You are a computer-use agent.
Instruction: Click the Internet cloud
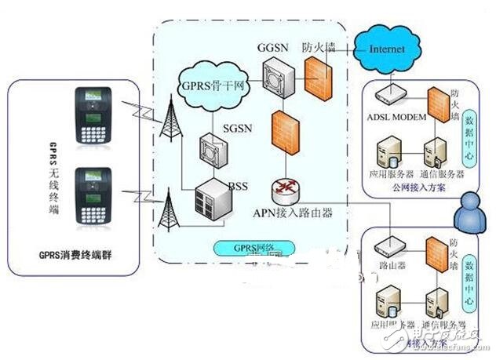coord(385,49)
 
